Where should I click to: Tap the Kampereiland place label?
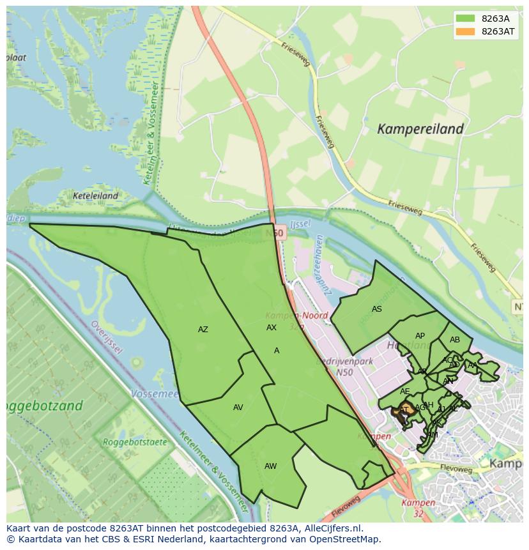420,129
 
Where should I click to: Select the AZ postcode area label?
203,330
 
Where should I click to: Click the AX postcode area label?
272,328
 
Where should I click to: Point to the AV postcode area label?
238,408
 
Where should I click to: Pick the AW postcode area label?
270,466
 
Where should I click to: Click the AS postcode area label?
376,309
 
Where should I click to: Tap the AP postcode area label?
420,336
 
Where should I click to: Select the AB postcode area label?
454,340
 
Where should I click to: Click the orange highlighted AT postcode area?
403,410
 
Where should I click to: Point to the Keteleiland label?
95,196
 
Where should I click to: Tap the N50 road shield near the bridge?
275,234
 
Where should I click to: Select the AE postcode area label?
405,392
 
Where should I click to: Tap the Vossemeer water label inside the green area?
154,394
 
